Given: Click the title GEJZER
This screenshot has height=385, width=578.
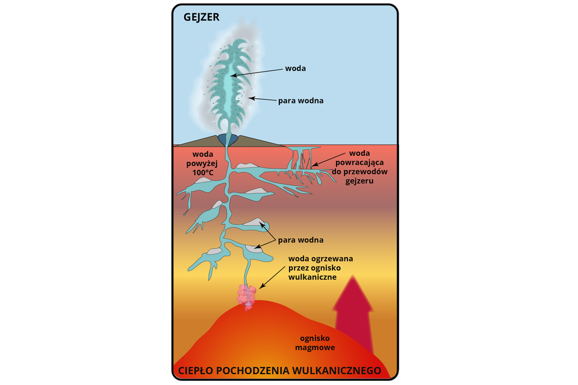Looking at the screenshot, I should [201, 17].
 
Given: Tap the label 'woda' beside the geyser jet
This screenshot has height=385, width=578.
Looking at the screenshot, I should [295, 69].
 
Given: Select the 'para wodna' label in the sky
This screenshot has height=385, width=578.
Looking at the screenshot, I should [300, 100].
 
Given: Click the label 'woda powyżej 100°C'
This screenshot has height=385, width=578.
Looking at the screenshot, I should [195, 162].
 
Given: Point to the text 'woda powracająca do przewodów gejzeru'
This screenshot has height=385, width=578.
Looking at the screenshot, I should [360, 166].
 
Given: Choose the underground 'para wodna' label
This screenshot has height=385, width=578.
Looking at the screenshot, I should [300, 239].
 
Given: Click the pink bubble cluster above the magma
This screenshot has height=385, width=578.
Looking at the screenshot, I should [246, 297].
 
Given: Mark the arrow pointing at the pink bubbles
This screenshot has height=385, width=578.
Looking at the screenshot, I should [271, 276].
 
